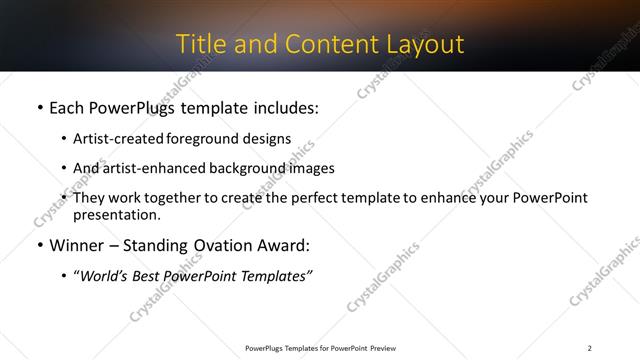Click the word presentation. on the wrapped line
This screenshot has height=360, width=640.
point(117,214)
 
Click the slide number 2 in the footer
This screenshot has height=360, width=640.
point(590,348)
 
